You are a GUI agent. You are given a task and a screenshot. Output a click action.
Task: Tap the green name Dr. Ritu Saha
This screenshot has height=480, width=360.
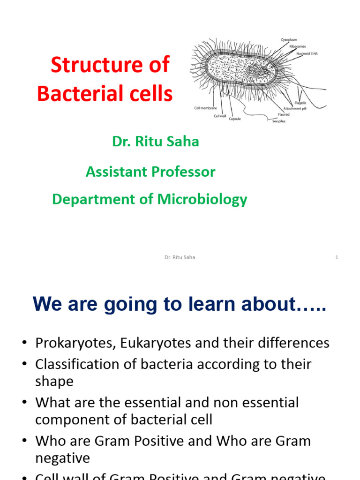156,142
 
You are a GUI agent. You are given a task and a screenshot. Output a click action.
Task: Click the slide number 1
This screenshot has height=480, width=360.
337,257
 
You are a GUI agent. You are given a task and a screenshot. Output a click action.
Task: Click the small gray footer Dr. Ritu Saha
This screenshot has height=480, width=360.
180,257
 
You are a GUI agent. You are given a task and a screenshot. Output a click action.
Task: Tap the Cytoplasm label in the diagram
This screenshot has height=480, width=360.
289,40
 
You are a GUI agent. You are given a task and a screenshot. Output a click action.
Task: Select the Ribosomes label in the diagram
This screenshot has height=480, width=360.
298,47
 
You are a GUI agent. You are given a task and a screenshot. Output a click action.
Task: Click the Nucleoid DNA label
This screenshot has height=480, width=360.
307,53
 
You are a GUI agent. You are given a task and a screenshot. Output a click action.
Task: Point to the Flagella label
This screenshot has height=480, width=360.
300,103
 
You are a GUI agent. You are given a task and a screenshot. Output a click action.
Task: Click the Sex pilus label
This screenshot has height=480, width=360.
278,121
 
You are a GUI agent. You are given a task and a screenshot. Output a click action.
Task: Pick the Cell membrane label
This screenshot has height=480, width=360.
205,108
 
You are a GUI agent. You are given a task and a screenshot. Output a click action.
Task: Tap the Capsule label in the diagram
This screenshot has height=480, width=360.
235,119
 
